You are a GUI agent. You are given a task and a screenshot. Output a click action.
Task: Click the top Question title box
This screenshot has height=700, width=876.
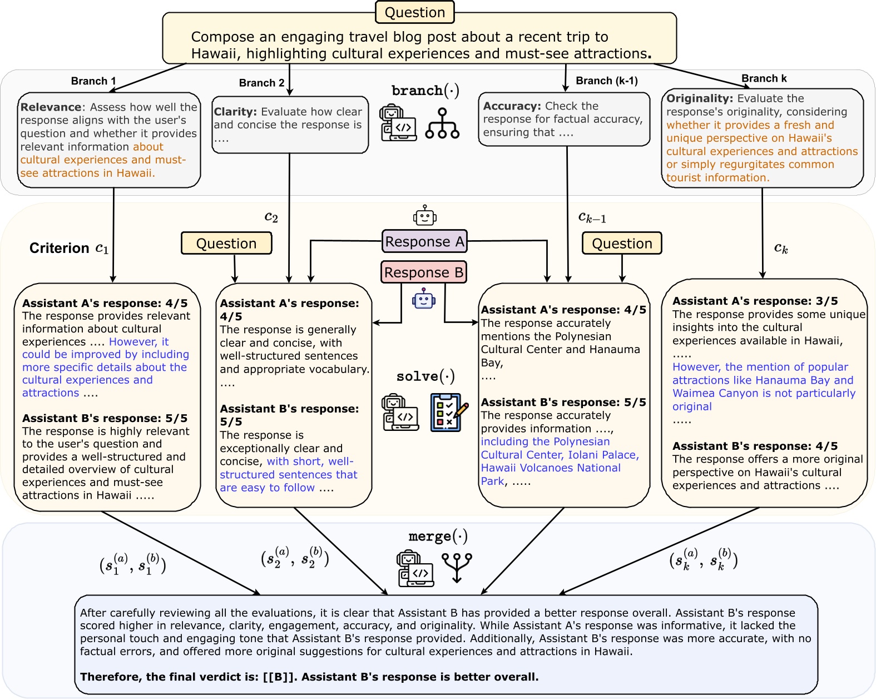coord(415,12)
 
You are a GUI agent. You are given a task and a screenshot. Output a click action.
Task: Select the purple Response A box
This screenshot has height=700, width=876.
coord(424,242)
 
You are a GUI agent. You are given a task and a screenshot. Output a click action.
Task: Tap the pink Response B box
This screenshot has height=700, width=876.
coord(424,272)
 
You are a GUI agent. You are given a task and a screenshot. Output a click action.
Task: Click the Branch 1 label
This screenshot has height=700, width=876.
coord(93,81)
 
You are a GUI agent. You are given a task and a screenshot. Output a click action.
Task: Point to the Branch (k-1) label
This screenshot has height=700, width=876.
coord(606,81)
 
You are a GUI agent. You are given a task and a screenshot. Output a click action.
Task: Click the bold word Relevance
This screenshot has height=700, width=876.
coord(51,107)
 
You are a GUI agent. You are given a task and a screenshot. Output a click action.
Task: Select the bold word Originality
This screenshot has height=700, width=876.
coord(699,98)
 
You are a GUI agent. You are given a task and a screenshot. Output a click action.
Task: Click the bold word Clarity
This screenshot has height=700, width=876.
coord(235,112)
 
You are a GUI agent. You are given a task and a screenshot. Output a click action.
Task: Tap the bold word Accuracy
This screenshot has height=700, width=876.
coord(512,106)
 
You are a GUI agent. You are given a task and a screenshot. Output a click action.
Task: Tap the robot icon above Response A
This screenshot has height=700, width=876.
coord(425,215)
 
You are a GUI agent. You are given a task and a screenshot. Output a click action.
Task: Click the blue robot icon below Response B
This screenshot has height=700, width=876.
coord(424,299)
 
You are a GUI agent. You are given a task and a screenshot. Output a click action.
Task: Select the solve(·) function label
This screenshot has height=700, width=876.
coord(425,376)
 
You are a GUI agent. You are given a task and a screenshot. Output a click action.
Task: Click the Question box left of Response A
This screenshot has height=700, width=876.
coord(226,244)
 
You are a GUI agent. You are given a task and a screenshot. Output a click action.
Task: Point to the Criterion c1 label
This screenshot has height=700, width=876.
coord(69,248)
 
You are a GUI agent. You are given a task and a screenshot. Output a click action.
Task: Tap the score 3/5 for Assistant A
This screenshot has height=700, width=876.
coord(826,301)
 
